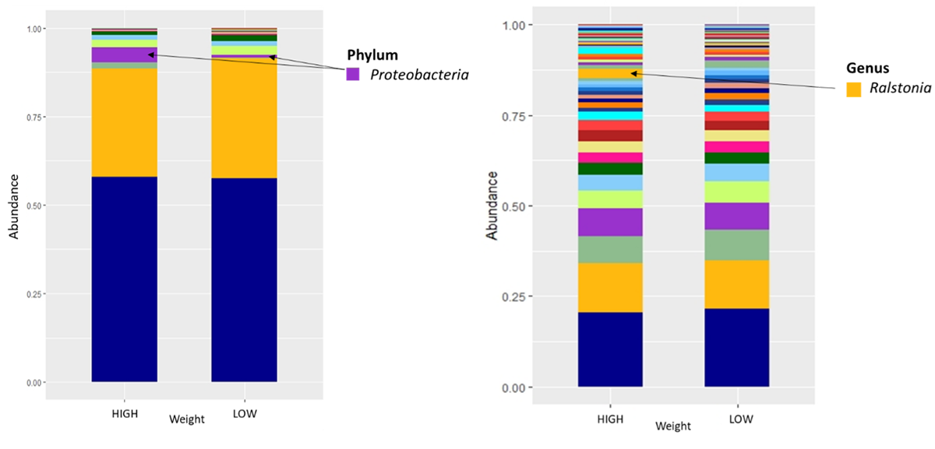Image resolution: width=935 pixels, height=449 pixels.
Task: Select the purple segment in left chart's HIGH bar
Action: [125, 55]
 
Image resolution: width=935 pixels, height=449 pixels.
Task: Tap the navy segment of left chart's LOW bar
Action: [245, 280]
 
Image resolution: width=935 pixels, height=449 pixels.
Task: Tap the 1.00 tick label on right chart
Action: [518, 25]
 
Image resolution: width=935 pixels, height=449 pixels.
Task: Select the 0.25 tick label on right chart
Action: [518, 296]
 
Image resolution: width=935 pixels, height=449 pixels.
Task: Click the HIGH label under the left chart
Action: [125, 414]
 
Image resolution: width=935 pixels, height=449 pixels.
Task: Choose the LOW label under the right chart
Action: [741, 419]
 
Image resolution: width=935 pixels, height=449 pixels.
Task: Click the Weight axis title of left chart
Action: [187, 419]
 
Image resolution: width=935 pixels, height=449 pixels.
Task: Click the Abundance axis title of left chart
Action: [13, 204]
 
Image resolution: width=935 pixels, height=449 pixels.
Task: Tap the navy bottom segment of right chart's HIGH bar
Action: [610, 349]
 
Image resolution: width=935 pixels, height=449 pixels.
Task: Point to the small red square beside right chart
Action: [842, 79]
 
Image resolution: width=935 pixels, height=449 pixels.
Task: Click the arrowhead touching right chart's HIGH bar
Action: [633, 73]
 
